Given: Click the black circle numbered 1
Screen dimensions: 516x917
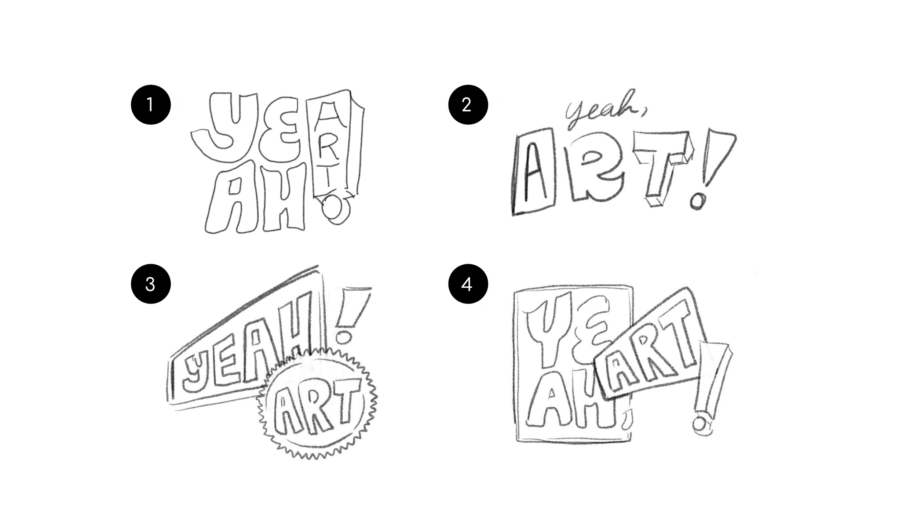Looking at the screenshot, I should (151, 105).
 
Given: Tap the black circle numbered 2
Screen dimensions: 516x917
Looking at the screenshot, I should (468, 105).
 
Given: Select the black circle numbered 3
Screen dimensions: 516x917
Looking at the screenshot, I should (151, 284).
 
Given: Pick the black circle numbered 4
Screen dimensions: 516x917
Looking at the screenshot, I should (468, 284).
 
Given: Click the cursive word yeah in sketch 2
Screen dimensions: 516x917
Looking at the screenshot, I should (602, 110).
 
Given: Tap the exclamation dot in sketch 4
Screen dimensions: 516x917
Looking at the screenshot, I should (700, 426).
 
